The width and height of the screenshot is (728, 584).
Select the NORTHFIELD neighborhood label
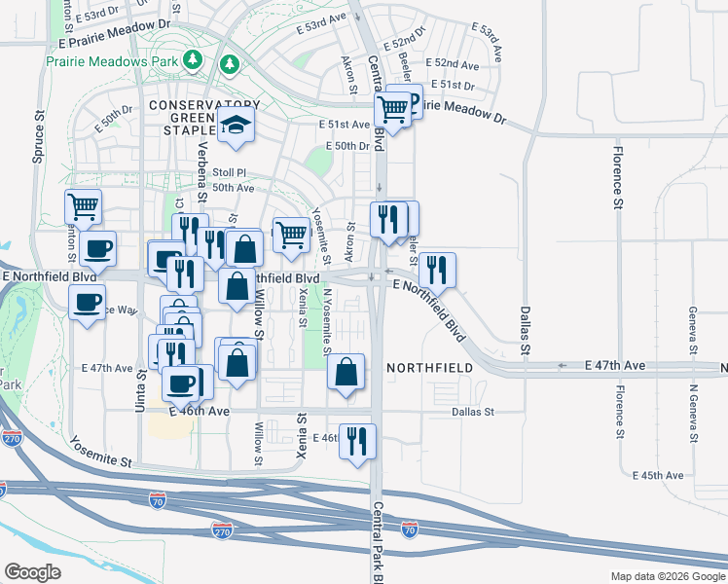[x=429, y=367]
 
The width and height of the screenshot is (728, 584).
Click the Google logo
[x=32, y=571]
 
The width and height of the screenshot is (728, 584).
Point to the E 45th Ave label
[x=657, y=475]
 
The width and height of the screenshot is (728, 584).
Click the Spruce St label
[x=41, y=127]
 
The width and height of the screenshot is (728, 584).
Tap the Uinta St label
[x=140, y=389]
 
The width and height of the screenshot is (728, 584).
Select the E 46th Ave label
[x=199, y=412]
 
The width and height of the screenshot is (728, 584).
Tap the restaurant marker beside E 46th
[x=357, y=440]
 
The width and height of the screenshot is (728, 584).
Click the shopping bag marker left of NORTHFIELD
[x=346, y=372]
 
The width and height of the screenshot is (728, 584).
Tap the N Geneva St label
[x=694, y=414]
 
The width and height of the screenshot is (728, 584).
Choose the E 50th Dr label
[x=349, y=146]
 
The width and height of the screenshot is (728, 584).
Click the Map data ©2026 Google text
[x=667, y=576]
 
